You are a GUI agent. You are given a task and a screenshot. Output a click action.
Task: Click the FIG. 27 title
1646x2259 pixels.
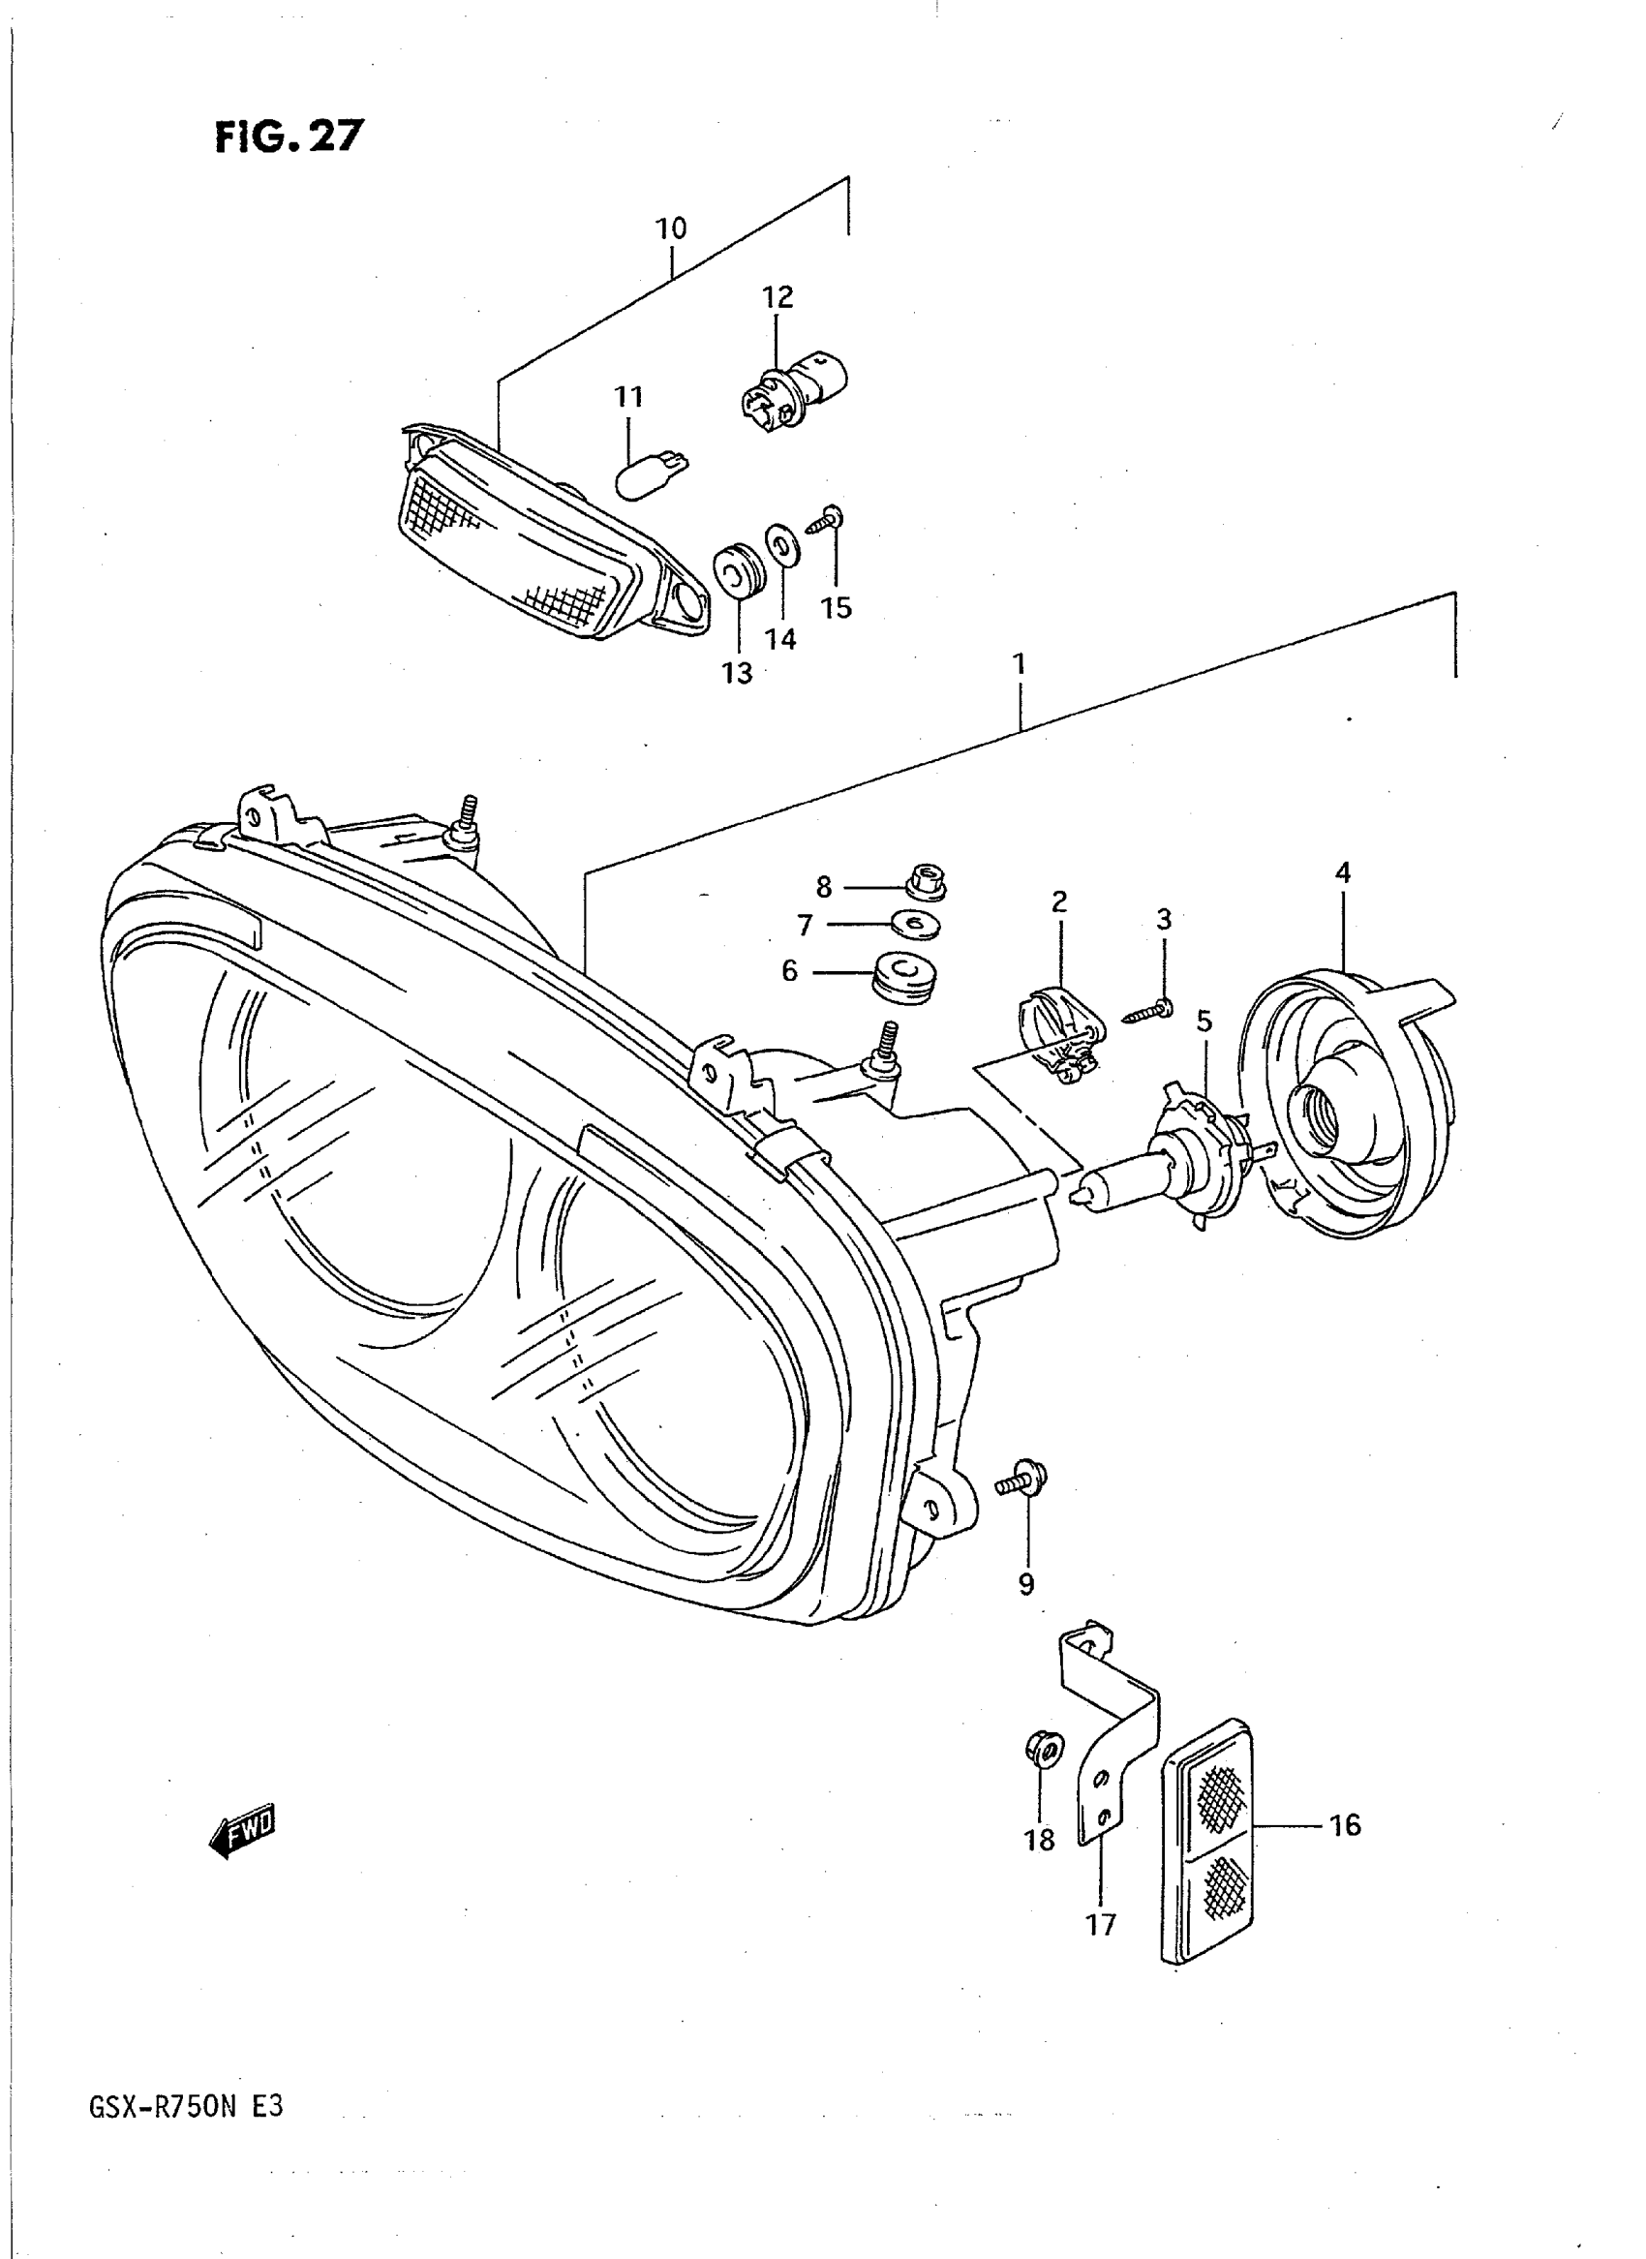[290, 137]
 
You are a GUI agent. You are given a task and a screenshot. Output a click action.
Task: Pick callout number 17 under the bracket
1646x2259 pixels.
[1101, 1924]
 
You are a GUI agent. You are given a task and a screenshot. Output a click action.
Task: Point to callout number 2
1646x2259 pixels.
[1058, 901]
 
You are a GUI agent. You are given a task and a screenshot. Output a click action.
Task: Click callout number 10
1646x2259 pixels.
[671, 229]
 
